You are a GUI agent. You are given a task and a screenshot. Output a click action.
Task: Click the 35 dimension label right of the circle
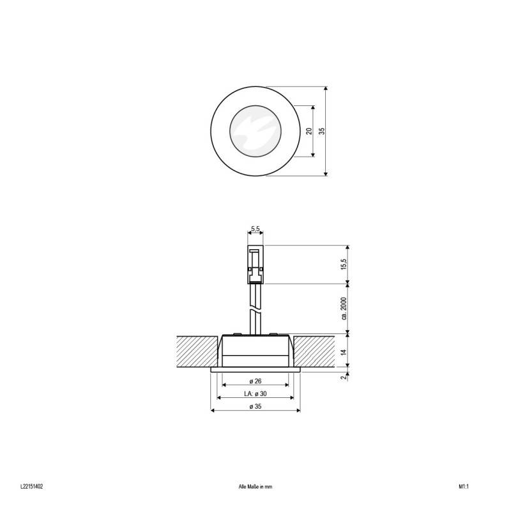323,131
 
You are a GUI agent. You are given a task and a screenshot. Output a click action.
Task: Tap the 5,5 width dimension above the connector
255,229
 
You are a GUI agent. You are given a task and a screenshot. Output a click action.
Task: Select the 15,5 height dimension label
343,264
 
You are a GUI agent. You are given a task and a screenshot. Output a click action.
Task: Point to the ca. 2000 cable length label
343,308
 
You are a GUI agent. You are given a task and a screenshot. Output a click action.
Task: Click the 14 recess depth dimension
343,351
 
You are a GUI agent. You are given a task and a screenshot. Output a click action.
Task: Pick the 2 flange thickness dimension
343,377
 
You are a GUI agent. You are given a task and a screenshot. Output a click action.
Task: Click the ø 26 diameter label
255,381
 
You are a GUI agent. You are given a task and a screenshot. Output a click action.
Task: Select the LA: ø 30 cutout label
255,394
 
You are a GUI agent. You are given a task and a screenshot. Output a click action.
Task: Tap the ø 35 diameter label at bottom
255,407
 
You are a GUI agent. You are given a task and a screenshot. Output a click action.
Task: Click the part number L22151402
31,486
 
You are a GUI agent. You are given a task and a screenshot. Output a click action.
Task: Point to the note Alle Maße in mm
255,486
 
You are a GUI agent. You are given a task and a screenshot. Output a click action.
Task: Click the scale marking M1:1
464,486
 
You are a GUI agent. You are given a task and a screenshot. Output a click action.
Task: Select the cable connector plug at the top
255,264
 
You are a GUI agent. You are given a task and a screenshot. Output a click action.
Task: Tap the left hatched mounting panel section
195,351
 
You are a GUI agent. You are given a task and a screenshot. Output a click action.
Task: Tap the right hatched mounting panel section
314,351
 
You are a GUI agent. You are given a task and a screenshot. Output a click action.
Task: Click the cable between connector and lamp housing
255,310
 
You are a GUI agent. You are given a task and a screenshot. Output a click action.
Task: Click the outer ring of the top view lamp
219,131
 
